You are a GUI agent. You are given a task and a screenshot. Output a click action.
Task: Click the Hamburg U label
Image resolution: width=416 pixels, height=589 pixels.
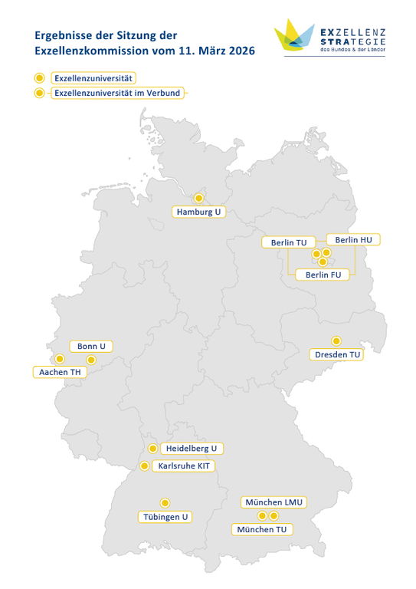[198, 212]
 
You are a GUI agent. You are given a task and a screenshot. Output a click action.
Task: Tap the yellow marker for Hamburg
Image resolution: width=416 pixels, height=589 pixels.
[198, 198]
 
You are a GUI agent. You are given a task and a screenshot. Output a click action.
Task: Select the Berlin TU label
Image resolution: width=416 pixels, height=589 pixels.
[289, 242]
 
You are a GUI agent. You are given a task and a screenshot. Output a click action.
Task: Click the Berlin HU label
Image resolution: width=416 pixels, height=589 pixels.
[353, 240]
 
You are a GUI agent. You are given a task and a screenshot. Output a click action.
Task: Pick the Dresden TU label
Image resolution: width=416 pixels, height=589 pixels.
[338, 354]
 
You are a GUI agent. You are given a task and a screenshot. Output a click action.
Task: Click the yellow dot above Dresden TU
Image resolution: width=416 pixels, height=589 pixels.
[336, 341]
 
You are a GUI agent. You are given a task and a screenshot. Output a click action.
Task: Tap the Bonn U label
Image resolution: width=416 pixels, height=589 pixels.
[91, 346]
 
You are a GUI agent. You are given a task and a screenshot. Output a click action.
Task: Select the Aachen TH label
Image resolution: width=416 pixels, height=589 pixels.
[59, 372]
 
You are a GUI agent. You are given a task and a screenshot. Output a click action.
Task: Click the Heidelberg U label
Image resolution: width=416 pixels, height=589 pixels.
[192, 448]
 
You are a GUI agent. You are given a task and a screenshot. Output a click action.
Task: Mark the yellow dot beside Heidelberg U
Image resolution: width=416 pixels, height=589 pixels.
[153, 448]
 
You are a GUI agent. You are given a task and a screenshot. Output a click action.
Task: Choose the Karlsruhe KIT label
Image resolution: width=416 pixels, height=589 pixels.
[184, 466]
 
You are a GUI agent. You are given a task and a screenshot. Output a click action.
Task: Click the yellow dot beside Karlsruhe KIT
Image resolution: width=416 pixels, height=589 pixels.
[144, 466]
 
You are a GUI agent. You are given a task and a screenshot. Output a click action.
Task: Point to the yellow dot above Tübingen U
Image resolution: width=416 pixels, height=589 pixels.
[165, 503]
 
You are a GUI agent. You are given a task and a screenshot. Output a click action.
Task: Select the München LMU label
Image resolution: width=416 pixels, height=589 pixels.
[274, 502]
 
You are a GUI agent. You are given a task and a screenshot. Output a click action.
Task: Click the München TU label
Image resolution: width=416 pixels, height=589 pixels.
[262, 530]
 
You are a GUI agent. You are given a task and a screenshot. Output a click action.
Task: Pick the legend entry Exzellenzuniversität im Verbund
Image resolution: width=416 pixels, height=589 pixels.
[119, 93]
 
